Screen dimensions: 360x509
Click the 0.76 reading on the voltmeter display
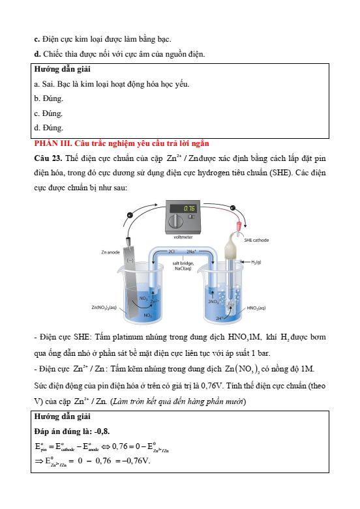coord(189,208)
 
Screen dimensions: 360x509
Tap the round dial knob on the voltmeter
coord(175,222)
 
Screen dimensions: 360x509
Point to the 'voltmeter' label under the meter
coord(183,237)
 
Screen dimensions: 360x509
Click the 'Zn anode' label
coord(110,252)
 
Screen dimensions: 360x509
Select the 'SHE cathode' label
coord(256,240)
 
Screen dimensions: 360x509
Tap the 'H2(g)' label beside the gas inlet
coord(256,262)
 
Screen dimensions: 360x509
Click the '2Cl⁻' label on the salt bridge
coord(172,252)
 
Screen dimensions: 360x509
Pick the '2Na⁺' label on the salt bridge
coord(192,252)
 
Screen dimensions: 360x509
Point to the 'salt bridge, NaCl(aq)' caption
coord(183,266)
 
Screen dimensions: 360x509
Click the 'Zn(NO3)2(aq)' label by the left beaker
coord(104,307)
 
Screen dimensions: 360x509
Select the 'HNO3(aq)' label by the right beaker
coord(256,308)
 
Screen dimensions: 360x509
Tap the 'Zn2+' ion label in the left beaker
coord(155,301)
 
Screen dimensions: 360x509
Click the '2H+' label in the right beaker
coord(220,319)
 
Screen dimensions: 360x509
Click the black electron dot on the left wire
coord(130,214)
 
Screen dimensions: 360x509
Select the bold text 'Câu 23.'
coord(48,158)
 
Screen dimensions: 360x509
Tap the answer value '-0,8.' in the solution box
coord(102,431)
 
